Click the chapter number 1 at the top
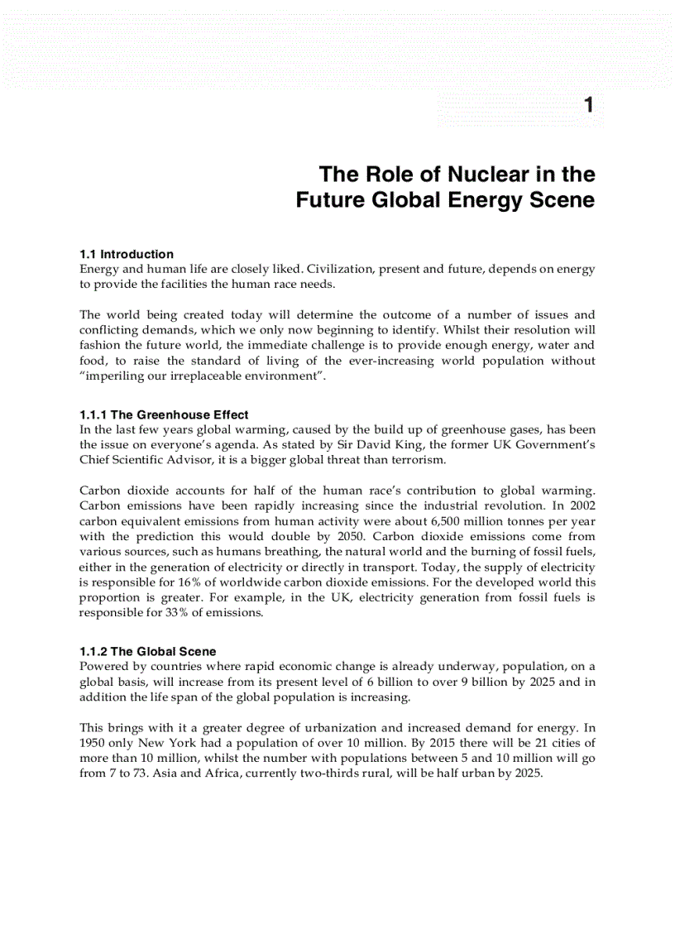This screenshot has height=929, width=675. pyautogui.click(x=588, y=105)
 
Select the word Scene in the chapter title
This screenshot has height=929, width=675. pyautogui.click(x=564, y=200)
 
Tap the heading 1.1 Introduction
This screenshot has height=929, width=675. pyautogui.click(x=127, y=254)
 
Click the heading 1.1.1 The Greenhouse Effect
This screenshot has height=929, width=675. pyautogui.click(x=164, y=414)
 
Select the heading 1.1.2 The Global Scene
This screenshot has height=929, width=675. pyautogui.click(x=147, y=652)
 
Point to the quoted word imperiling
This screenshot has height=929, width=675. pyautogui.click(x=115, y=376)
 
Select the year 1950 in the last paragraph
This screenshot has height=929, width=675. pyautogui.click(x=94, y=743)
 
